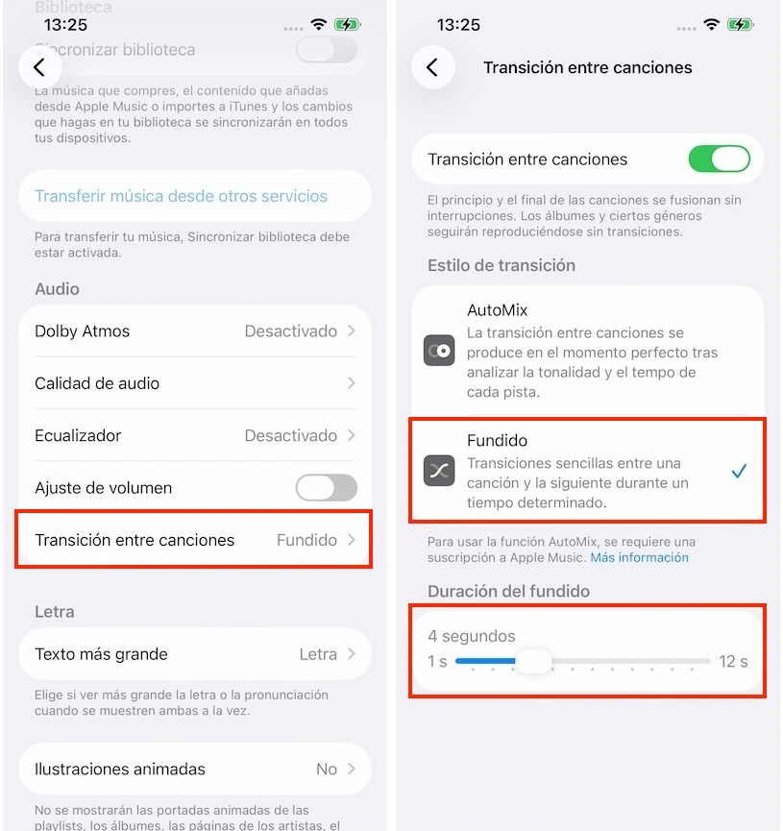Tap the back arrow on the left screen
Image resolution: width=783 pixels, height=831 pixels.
click(39, 67)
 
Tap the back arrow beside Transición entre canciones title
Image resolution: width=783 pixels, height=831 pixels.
click(432, 67)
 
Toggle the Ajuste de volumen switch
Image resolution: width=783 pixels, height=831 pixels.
click(326, 488)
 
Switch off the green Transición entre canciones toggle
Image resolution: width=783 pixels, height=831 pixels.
click(719, 159)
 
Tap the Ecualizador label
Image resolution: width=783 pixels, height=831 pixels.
click(79, 435)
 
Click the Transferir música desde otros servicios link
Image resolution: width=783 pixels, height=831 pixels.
click(182, 196)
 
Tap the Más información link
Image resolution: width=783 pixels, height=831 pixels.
click(639, 557)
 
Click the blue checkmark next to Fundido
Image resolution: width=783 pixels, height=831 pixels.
click(739, 471)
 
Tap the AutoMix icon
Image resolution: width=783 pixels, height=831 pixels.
click(439, 351)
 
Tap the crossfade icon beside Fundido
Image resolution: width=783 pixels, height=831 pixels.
click(439, 471)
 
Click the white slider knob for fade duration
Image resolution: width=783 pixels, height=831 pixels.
click(533, 661)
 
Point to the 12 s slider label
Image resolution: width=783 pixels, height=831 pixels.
click(733, 661)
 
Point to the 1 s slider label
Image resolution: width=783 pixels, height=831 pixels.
click(437, 661)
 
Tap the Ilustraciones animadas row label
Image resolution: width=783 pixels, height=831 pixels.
click(120, 769)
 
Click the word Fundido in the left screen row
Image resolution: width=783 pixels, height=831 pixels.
click(306, 540)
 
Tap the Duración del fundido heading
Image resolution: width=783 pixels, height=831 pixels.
click(508, 591)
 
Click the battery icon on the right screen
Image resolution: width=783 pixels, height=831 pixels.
click(741, 24)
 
